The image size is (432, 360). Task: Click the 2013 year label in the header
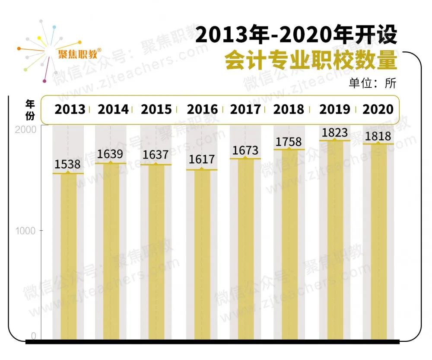70,109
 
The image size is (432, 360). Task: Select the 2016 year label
202,109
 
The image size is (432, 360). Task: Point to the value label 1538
68,164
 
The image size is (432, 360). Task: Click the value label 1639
111,154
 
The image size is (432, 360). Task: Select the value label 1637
156,155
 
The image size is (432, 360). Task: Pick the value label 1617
202,159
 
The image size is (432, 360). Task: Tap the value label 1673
245,150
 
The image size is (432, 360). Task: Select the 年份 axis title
30,109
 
